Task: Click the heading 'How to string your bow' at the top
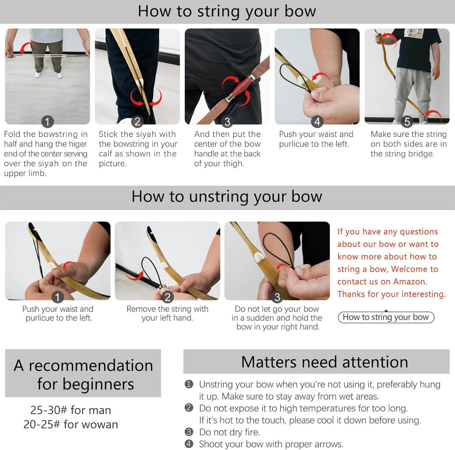[227, 11]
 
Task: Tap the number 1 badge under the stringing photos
[48, 122]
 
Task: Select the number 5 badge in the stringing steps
[407, 122]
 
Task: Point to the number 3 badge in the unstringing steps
[277, 297]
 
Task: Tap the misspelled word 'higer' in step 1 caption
[77, 144]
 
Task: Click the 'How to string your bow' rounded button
[386, 317]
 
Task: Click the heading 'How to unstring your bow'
[227, 196]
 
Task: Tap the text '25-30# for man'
[71, 410]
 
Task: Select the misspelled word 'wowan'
[100, 425]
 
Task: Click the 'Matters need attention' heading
[324, 362]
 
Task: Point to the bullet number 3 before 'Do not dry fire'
[189, 432]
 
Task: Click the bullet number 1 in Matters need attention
[189, 384]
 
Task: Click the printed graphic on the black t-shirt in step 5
[414, 33]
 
